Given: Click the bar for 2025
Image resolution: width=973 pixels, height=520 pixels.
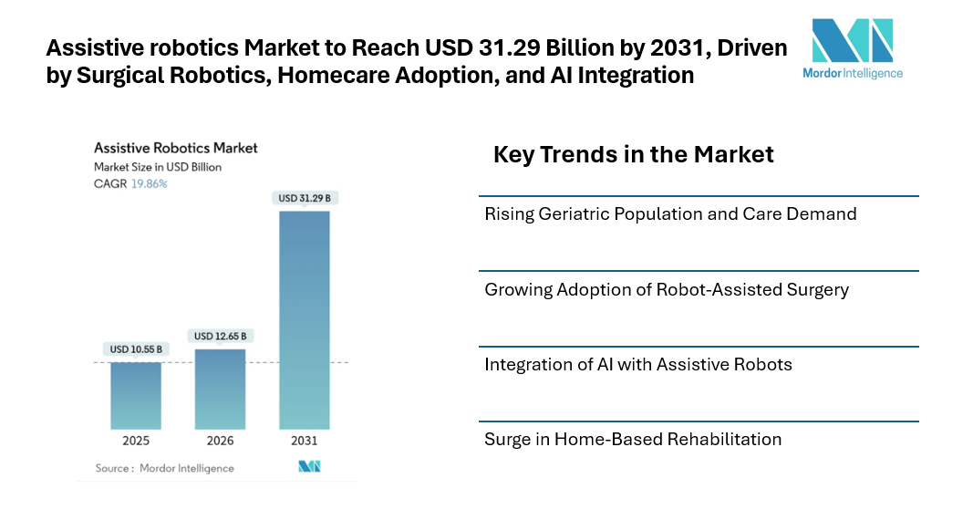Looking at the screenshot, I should [136, 396].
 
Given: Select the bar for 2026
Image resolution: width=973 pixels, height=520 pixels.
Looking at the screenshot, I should [220, 389].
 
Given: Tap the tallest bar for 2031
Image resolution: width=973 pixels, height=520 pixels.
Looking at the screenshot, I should [304, 319].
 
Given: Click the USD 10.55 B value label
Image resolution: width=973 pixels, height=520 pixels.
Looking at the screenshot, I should [136, 349].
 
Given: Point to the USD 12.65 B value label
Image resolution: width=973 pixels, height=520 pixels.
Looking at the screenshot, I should [220, 337].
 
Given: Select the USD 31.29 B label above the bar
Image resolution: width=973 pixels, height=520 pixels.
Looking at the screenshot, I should [304, 198].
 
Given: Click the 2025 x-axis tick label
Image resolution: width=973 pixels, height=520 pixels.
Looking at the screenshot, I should [136, 441].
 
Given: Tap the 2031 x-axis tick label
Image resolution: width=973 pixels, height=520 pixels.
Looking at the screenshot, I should [304, 441].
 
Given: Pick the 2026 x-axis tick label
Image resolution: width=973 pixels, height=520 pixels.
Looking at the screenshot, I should [220, 441].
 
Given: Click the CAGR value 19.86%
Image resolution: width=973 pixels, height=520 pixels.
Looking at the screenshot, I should [150, 183].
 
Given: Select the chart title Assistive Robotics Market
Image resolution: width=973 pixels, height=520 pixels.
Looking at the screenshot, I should [176, 148].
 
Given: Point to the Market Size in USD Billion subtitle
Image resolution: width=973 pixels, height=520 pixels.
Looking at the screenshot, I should [158, 167].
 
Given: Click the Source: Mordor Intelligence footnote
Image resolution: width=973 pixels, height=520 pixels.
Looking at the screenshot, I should [165, 468].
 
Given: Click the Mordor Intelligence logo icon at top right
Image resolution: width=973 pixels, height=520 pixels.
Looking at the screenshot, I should [852, 40].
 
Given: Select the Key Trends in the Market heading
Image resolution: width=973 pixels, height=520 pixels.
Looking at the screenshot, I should [633, 155].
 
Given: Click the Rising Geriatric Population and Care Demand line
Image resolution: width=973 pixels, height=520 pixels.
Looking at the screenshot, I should [670, 214].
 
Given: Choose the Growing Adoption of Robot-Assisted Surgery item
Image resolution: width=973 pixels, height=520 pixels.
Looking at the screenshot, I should [667, 290].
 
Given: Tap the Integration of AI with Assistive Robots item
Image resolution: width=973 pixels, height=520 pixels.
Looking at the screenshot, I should [638, 365].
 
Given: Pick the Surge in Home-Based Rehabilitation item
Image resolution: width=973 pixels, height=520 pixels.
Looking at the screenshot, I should [633, 440].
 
